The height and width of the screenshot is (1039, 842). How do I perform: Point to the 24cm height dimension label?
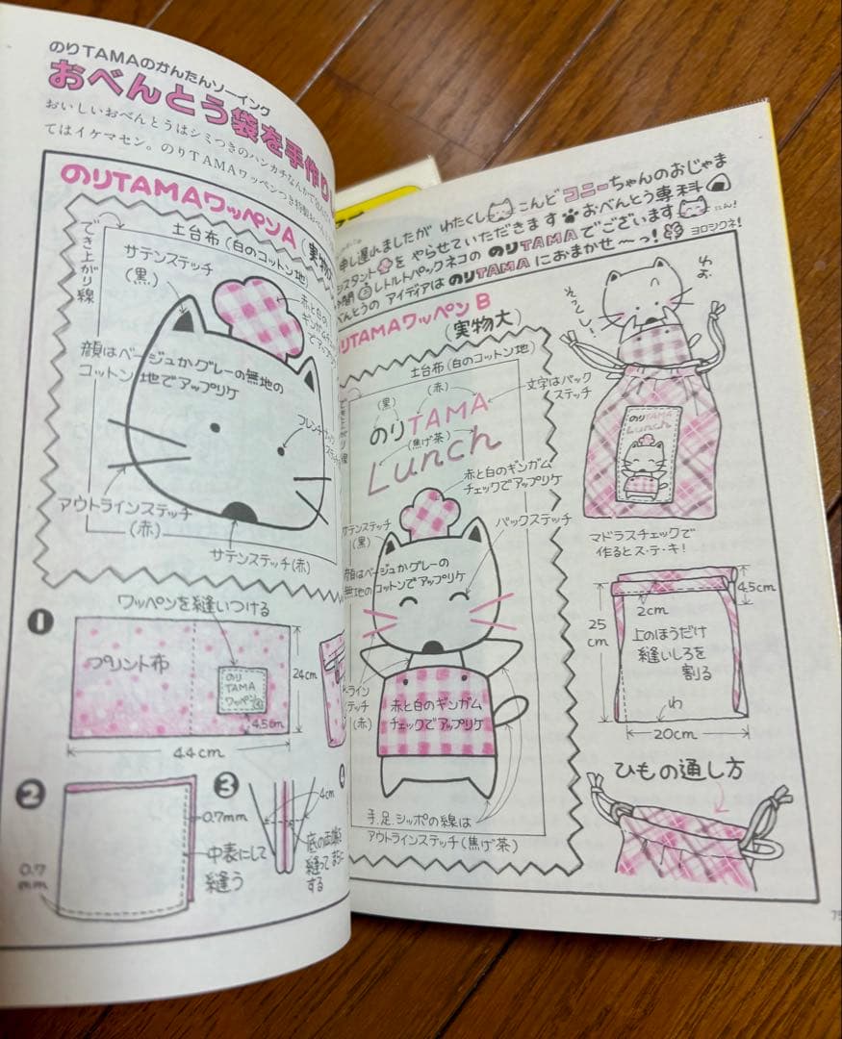point(306,674)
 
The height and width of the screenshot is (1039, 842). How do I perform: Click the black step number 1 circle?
point(39,622)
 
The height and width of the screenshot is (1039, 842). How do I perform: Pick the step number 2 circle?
point(32,794)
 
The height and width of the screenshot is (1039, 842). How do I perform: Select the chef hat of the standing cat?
point(429,512)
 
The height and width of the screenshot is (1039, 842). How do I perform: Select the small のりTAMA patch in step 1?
point(244,690)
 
